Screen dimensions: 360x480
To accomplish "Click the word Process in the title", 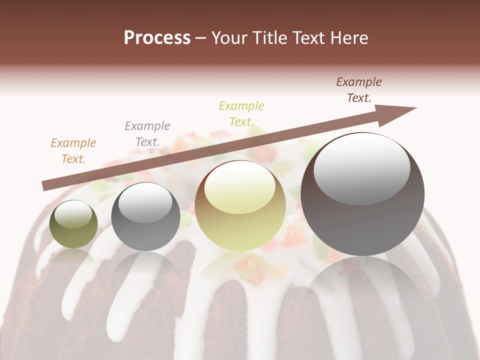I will pyautogui.click(x=157, y=38).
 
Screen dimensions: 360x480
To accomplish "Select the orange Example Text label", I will pyautogui.click(x=73, y=151).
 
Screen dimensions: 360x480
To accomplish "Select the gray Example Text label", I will pyautogui.click(x=147, y=134).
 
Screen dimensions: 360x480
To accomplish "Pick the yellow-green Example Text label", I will pyautogui.click(x=241, y=113).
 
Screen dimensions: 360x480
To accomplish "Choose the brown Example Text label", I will pyautogui.click(x=359, y=90).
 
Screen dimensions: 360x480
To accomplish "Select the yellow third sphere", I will pyautogui.click(x=240, y=220).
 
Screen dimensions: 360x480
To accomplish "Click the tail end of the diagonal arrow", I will pyautogui.click(x=44, y=186).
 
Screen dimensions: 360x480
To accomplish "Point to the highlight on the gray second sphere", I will pyautogui.click(x=145, y=205).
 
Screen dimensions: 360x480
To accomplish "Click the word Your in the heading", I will pyautogui.click(x=227, y=38).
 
